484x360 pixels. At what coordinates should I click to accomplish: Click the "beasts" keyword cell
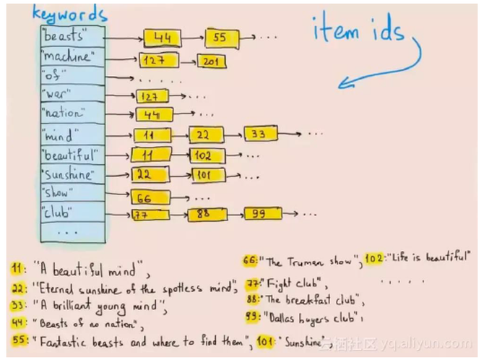click(73, 36)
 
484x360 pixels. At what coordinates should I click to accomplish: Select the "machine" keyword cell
click(73, 56)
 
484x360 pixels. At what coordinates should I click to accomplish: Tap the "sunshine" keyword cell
click(73, 175)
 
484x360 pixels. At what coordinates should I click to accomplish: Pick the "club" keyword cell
click(73, 213)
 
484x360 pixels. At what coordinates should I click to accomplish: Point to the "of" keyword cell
click(73, 75)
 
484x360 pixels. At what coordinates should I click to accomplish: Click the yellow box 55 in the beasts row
click(222, 38)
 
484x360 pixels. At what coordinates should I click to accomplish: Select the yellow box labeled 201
click(212, 61)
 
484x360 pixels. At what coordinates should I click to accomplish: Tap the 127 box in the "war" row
click(152, 96)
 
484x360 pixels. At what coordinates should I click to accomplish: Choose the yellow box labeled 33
click(261, 134)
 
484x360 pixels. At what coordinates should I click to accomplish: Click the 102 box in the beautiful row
click(207, 155)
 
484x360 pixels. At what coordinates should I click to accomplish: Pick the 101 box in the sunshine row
click(209, 176)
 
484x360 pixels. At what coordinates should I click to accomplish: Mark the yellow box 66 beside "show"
click(150, 198)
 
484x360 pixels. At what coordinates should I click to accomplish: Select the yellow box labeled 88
click(207, 214)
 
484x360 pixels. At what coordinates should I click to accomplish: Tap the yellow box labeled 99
click(263, 214)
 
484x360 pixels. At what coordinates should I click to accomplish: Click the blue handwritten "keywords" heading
click(70, 14)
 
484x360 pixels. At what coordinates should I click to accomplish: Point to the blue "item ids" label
click(359, 29)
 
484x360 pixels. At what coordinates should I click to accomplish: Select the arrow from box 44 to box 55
click(193, 38)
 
